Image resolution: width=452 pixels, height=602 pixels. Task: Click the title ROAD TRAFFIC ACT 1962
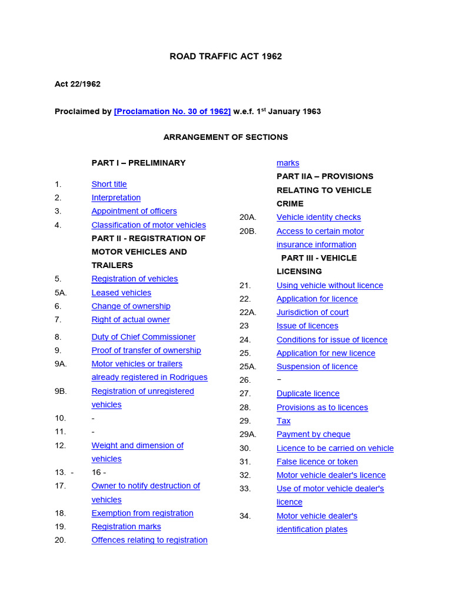click(225, 56)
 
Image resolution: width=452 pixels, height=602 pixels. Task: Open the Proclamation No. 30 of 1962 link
click(172, 111)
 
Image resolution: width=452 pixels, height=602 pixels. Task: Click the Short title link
click(109, 184)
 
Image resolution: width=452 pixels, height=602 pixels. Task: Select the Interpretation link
click(116, 198)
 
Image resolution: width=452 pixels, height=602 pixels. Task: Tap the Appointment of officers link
click(134, 211)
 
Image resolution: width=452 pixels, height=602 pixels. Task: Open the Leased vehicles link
click(121, 293)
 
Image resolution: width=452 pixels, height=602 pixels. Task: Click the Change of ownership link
click(131, 306)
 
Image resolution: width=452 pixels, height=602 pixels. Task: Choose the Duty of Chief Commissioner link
click(143, 337)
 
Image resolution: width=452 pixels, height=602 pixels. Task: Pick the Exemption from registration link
click(142, 513)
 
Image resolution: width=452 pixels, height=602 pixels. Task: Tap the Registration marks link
click(126, 527)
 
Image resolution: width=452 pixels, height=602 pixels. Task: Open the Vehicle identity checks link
click(318, 218)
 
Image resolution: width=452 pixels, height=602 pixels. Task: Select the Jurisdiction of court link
click(313, 312)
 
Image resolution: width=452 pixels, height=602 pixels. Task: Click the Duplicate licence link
click(308, 394)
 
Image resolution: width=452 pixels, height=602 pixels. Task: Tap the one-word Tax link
click(284, 421)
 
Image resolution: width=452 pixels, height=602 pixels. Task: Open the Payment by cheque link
click(313, 434)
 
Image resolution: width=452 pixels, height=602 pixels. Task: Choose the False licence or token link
click(317, 461)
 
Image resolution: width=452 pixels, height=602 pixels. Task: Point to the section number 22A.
click(248, 312)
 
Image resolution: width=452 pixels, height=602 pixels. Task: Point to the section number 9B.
click(61, 391)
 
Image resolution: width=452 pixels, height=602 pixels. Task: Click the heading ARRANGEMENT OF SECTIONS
click(225, 137)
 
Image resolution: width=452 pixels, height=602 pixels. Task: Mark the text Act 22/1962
click(78, 84)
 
